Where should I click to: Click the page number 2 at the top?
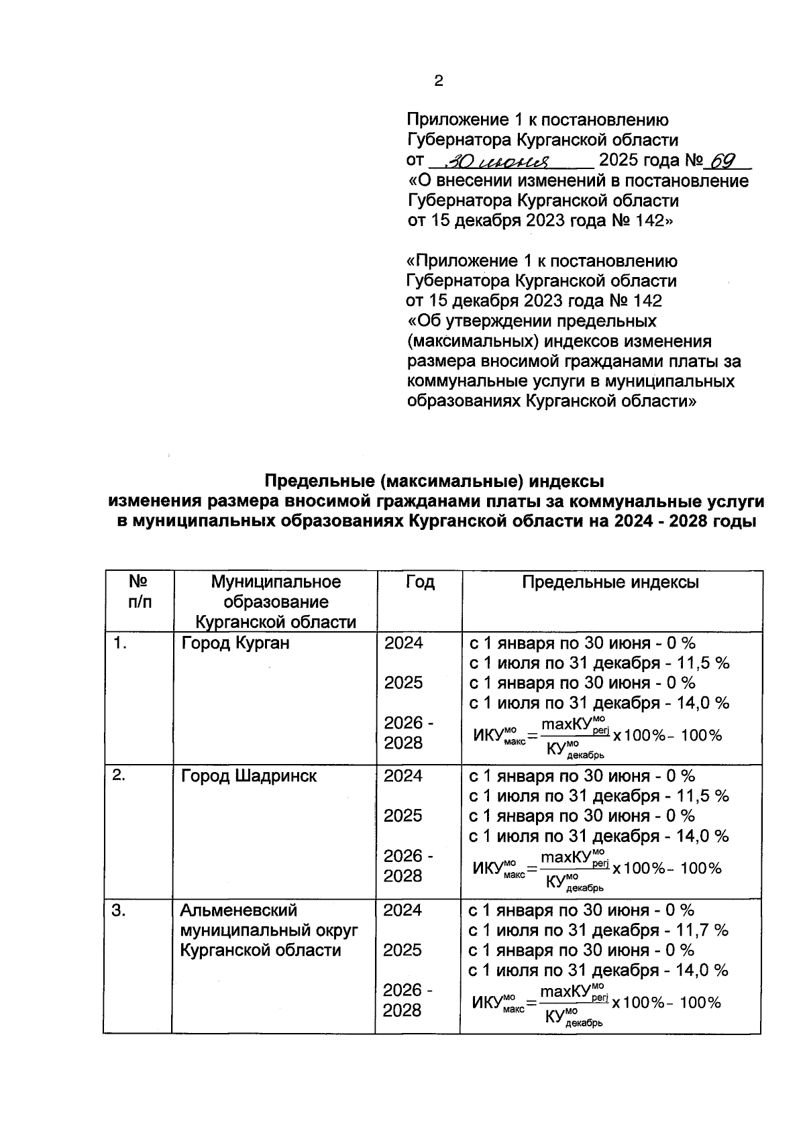[x=439, y=81]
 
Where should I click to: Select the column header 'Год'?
[x=419, y=582]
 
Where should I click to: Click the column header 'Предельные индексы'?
[x=610, y=582]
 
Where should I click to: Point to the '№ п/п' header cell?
[x=138, y=592]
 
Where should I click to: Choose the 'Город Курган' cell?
[x=235, y=643]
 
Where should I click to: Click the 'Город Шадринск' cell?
[x=249, y=776]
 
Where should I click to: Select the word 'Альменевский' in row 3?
[x=238, y=910]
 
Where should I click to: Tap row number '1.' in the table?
[x=120, y=643]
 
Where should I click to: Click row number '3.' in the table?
[x=120, y=910]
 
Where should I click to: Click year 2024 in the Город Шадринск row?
[x=403, y=776]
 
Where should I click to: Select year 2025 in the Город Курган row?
[x=403, y=683]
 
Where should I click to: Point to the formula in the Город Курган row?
[x=597, y=736]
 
